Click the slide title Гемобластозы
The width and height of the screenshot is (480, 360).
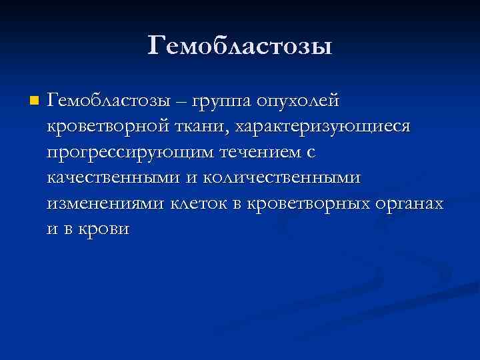[x=239, y=47]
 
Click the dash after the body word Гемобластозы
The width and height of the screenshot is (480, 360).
[x=181, y=102]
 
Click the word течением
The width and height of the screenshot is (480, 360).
[x=249, y=153]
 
